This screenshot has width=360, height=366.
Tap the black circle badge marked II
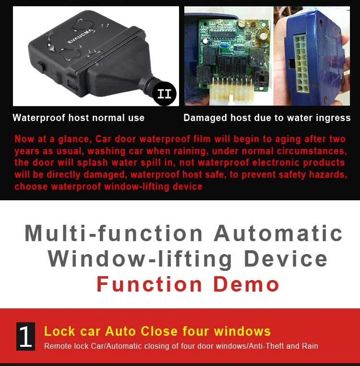[x=164, y=93]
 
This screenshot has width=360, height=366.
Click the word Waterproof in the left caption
[x=39, y=118]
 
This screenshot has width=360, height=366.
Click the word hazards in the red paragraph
[x=328, y=175]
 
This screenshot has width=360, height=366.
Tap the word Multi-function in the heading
[x=114, y=233]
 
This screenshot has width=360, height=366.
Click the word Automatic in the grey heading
[x=278, y=233]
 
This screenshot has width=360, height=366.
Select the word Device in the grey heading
[x=286, y=259]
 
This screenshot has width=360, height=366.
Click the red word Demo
[x=246, y=284]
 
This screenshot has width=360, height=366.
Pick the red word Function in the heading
[x=149, y=284]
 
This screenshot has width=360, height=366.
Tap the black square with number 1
[x=25, y=336]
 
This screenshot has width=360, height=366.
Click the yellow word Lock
[x=60, y=331]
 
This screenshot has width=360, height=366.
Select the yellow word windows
[x=242, y=331]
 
